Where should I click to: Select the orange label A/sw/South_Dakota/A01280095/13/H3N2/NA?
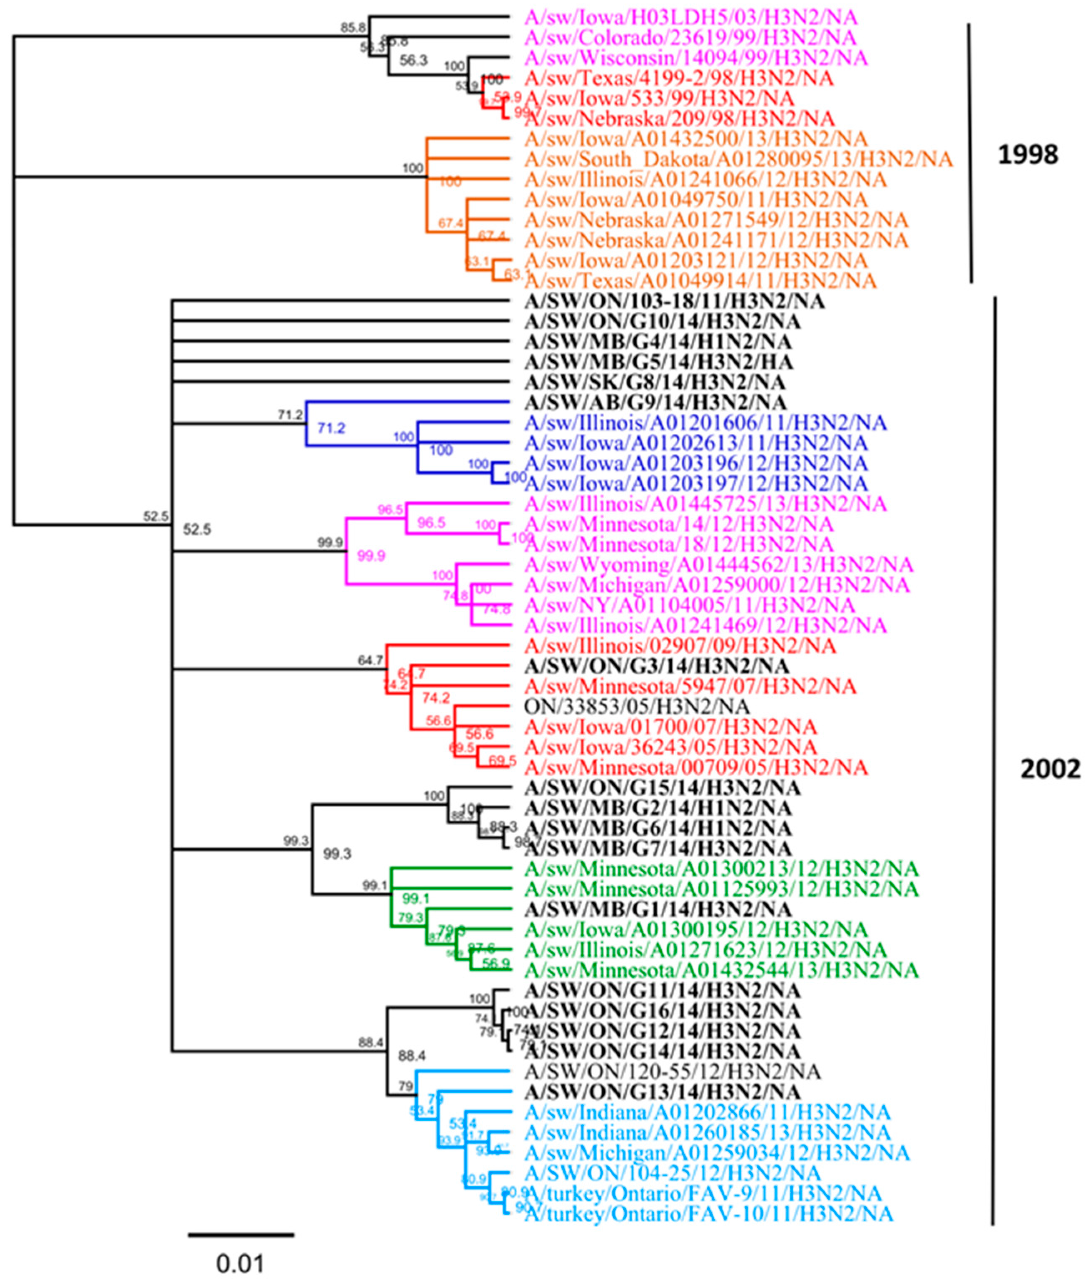tap(739, 159)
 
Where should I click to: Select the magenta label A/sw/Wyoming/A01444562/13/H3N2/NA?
tap(718, 565)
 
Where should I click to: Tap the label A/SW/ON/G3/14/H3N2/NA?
tap(656, 666)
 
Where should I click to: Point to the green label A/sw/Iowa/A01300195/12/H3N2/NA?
tap(696, 929)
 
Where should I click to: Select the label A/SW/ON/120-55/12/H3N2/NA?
tap(672, 1071)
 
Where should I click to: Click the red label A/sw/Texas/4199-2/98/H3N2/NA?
tap(679, 78)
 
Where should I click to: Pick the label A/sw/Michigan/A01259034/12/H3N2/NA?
tap(717, 1152)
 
